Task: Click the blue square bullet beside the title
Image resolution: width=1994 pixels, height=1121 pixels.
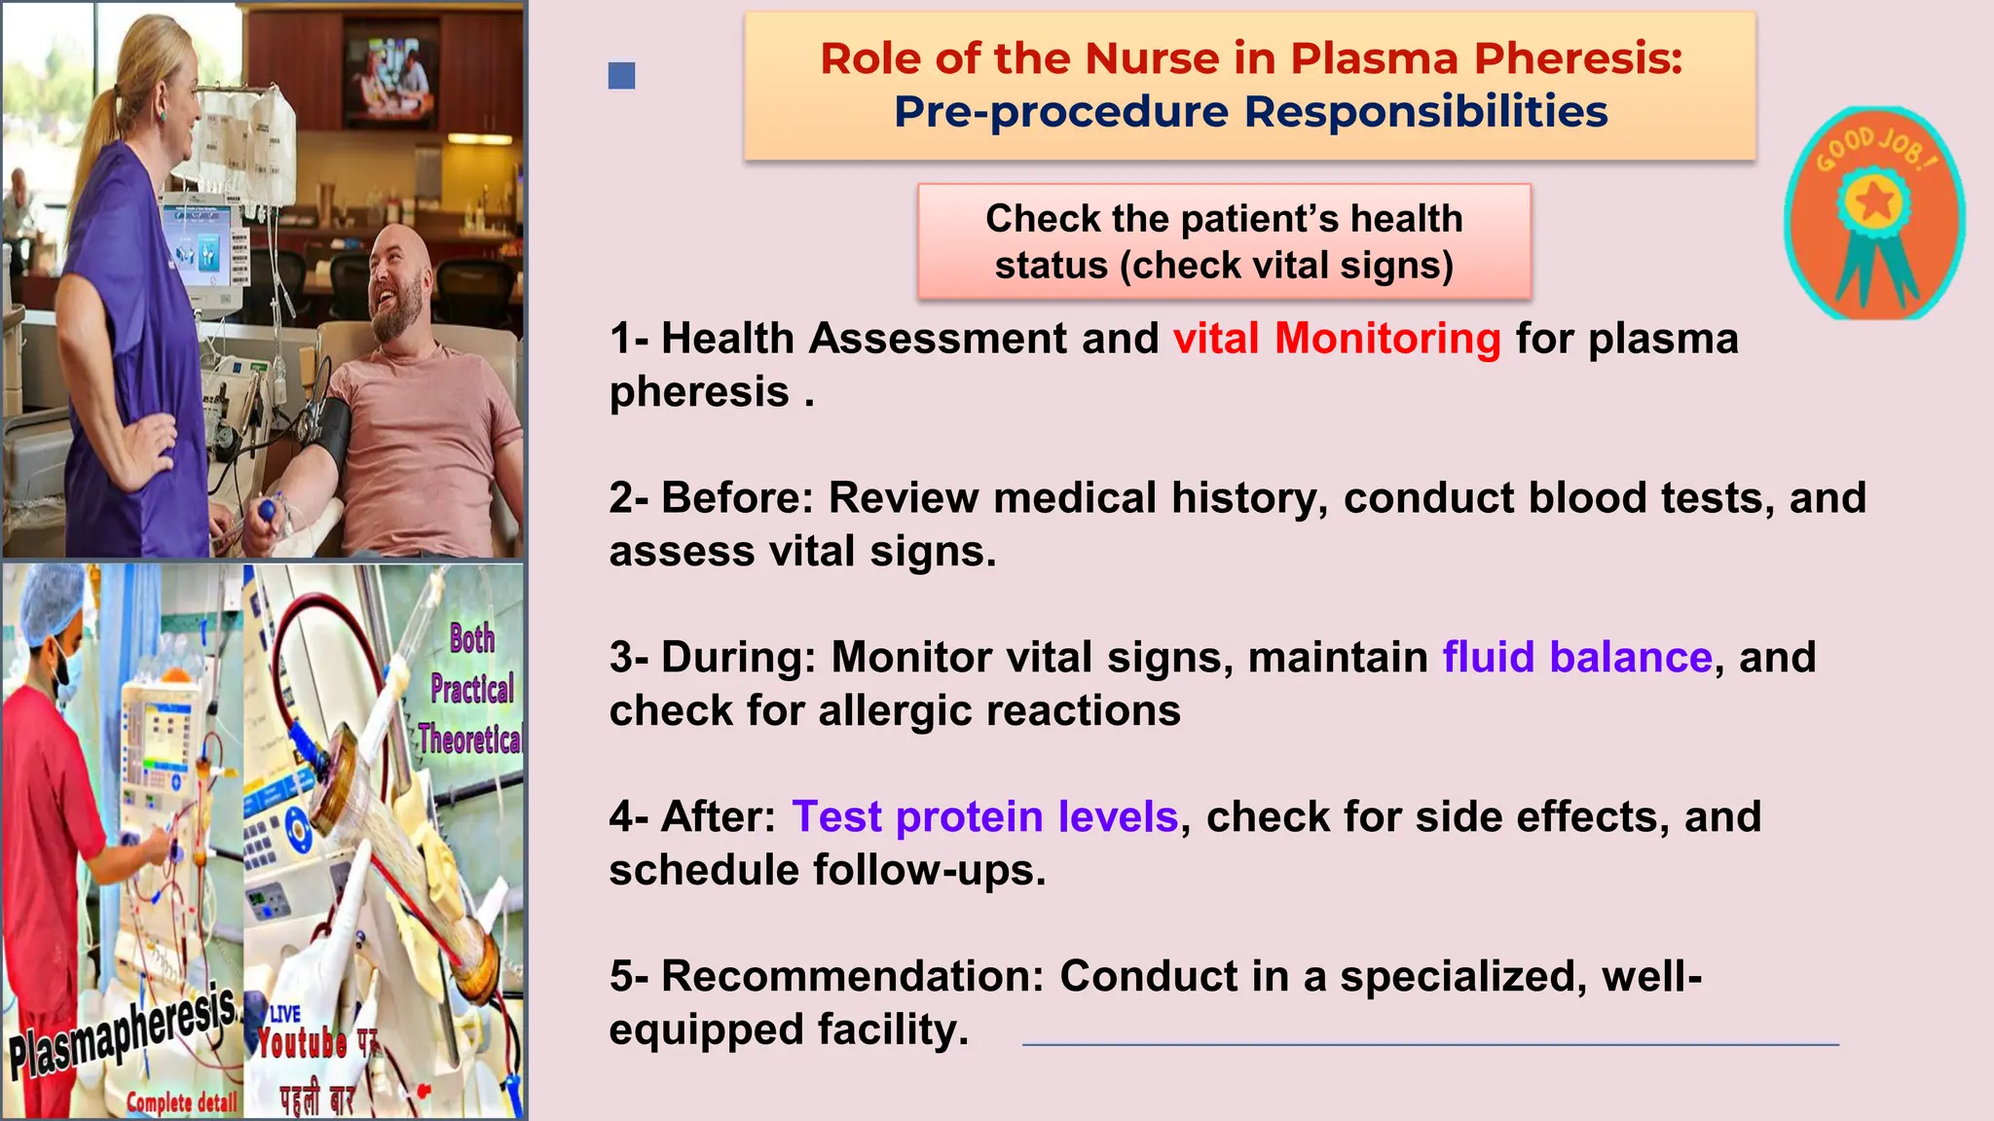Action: tap(621, 76)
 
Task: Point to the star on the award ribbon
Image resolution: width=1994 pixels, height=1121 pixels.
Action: tap(1874, 202)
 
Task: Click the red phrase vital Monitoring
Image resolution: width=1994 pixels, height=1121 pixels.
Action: tap(1337, 339)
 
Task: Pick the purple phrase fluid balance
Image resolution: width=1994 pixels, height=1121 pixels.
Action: tap(1576, 657)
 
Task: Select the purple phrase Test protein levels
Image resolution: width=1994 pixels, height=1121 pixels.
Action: tap(984, 816)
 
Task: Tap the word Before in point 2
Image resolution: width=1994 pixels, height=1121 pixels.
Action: tap(736, 498)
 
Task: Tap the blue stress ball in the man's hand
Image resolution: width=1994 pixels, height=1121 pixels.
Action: tap(266, 511)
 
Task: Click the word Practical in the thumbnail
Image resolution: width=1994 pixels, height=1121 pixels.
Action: tap(472, 689)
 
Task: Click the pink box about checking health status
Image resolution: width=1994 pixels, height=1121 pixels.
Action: tap(1224, 241)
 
